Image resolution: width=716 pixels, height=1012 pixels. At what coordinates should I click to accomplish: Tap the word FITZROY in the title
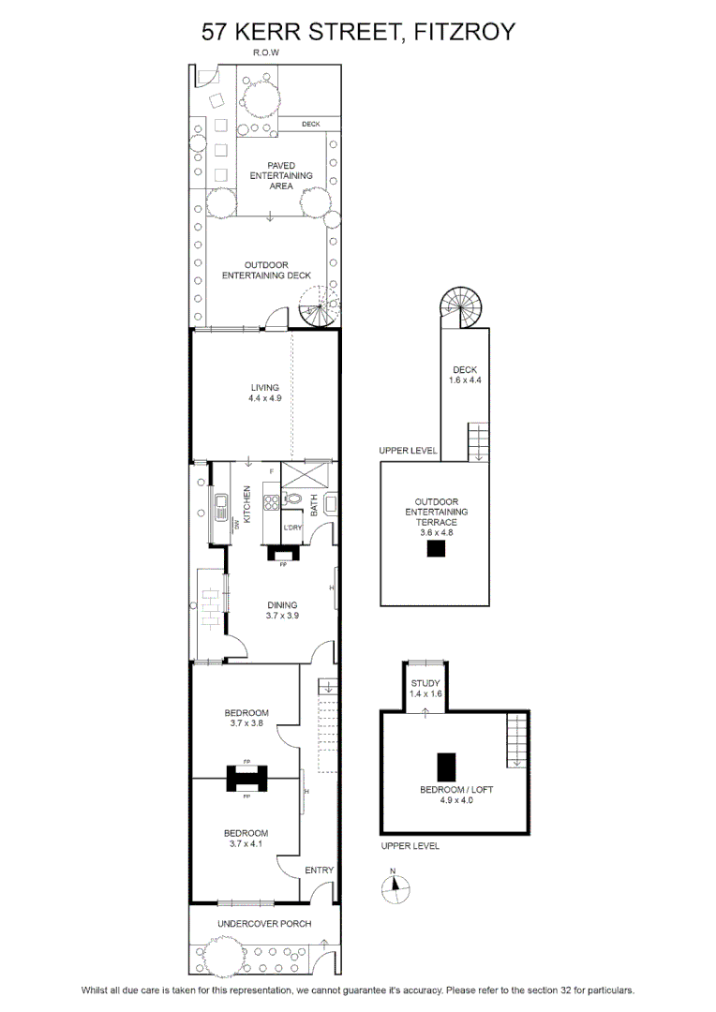click(464, 32)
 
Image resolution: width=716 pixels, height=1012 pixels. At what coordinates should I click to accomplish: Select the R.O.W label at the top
click(266, 52)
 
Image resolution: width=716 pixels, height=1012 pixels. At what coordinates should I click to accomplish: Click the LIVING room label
click(264, 387)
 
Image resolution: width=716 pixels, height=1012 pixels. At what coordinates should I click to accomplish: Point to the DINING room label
click(282, 604)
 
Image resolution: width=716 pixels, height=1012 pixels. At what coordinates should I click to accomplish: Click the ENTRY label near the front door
click(319, 870)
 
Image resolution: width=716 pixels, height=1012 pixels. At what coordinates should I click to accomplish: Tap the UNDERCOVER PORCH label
click(264, 924)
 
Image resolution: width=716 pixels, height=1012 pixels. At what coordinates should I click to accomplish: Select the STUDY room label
click(425, 683)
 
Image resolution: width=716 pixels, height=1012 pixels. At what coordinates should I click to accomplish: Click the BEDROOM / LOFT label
click(455, 789)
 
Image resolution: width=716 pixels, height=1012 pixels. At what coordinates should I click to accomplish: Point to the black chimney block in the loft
click(446, 766)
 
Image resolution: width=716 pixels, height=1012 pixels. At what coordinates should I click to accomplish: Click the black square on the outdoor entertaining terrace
click(437, 548)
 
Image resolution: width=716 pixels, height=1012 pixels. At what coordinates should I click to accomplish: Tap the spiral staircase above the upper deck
click(461, 308)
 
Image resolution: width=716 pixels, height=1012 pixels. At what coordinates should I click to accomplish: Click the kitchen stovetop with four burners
click(271, 501)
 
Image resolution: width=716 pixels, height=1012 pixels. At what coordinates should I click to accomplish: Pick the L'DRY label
click(292, 528)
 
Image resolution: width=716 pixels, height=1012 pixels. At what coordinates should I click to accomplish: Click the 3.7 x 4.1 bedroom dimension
click(246, 843)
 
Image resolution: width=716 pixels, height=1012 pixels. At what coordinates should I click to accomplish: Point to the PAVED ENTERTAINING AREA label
click(281, 175)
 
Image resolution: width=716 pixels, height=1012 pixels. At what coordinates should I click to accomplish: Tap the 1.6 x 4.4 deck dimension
click(465, 380)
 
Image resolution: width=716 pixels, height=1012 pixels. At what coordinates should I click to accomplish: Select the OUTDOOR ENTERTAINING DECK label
click(266, 270)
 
